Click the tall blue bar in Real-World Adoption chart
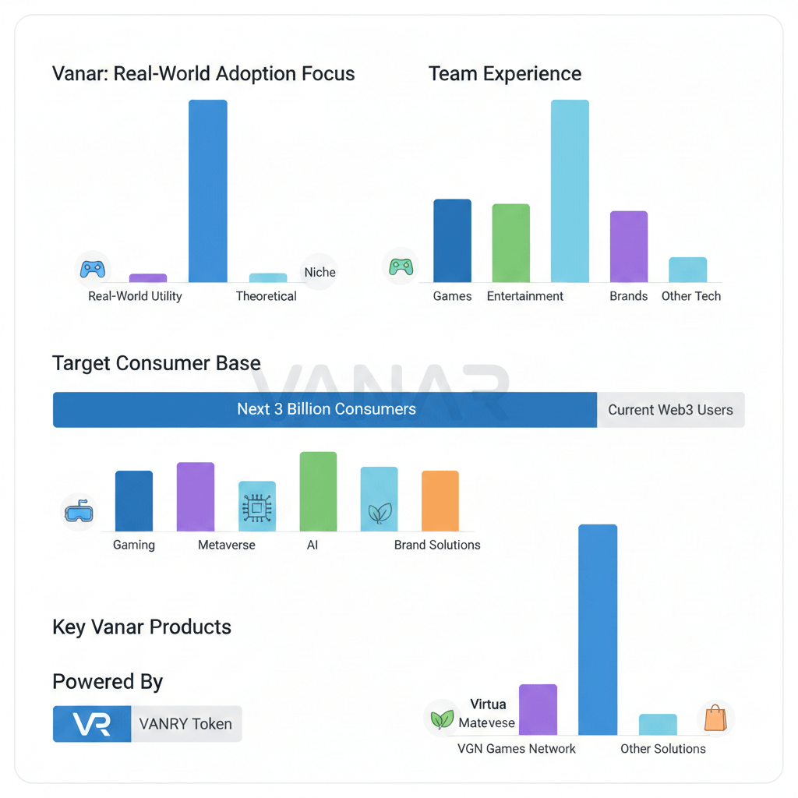click(x=208, y=191)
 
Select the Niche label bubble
click(x=320, y=272)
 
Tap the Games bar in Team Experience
click(x=452, y=241)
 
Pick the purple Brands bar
click(x=628, y=246)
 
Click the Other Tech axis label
click(x=690, y=296)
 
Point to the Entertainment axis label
click(x=524, y=296)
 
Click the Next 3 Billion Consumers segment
click(x=325, y=410)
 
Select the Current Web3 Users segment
click(x=670, y=410)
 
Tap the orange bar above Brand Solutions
click(x=440, y=501)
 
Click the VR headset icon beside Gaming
click(x=78, y=512)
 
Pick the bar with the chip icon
click(x=256, y=507)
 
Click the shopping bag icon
click(x=715, y=718)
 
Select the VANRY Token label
click(x=185, y=724)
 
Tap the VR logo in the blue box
click(x=92, y=724)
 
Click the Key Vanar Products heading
click(x=142, y=627)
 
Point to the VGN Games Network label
click(x=516, y=749)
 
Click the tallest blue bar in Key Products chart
click(x=598, y=630)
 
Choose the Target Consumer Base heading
click(x=156, y=363)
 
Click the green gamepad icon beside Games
click(x=401, y=267)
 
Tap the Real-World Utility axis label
click(x=135, y=296)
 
